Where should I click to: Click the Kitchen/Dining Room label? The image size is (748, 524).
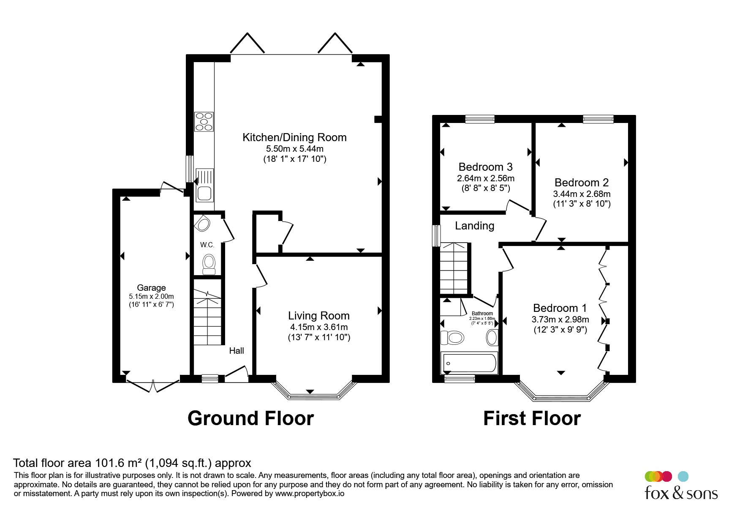294,137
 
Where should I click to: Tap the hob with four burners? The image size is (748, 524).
204,122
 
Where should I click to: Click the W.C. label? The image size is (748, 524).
207,245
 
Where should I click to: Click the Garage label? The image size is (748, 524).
151,288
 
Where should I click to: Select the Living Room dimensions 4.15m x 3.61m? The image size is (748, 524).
319,327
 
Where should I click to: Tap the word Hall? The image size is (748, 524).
237,350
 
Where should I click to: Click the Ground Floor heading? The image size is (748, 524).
250,418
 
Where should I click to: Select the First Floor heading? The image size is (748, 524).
532,418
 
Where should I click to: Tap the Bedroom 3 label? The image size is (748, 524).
486,167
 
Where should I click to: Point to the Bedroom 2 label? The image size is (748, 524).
582,183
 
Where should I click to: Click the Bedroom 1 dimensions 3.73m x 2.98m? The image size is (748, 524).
560,319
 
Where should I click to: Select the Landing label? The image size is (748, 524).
474,226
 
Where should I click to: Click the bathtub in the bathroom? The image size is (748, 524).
469,363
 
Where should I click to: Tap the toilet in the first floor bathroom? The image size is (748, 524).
452,338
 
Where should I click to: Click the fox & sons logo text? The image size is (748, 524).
681,493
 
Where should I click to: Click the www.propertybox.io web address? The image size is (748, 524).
310,494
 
